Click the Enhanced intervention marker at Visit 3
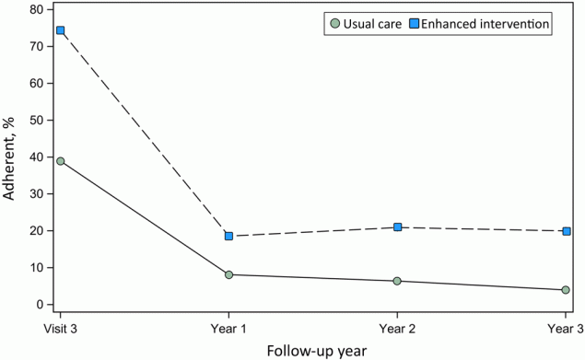pos(60,30)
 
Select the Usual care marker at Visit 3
pos(60,161)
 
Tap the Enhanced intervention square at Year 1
pos(228,237)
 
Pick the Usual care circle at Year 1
pos(228,274)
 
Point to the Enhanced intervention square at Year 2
pos(397,226)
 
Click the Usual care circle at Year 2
pos(397,281)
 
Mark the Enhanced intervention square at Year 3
pos(566,231)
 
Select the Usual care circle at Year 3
pos(566,290)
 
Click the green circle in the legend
pos(339,24)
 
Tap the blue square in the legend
pos(415,24)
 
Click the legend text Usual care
pos(373,24)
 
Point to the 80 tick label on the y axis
pos(37,10)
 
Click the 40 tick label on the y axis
pos(37,157)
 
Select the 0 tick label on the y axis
pos(41,305)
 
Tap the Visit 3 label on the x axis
pos(60,326)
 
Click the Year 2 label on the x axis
pos(397,326)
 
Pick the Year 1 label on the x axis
pos(228,326)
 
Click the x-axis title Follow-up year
pos(312,350)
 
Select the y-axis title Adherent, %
pos(12,157)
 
